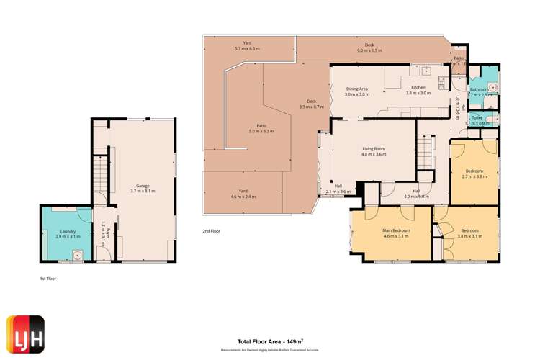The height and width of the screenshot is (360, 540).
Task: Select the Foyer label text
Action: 104,230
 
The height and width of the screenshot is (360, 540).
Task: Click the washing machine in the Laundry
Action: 76,253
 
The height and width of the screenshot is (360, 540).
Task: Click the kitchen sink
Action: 426,71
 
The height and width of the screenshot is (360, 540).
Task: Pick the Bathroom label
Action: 480,91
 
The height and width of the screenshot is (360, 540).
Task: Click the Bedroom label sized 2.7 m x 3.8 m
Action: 473,173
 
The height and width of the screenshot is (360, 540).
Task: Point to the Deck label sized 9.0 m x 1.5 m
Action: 369,48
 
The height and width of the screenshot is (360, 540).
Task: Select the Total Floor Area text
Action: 270,341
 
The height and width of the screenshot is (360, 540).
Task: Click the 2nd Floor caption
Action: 211,231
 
